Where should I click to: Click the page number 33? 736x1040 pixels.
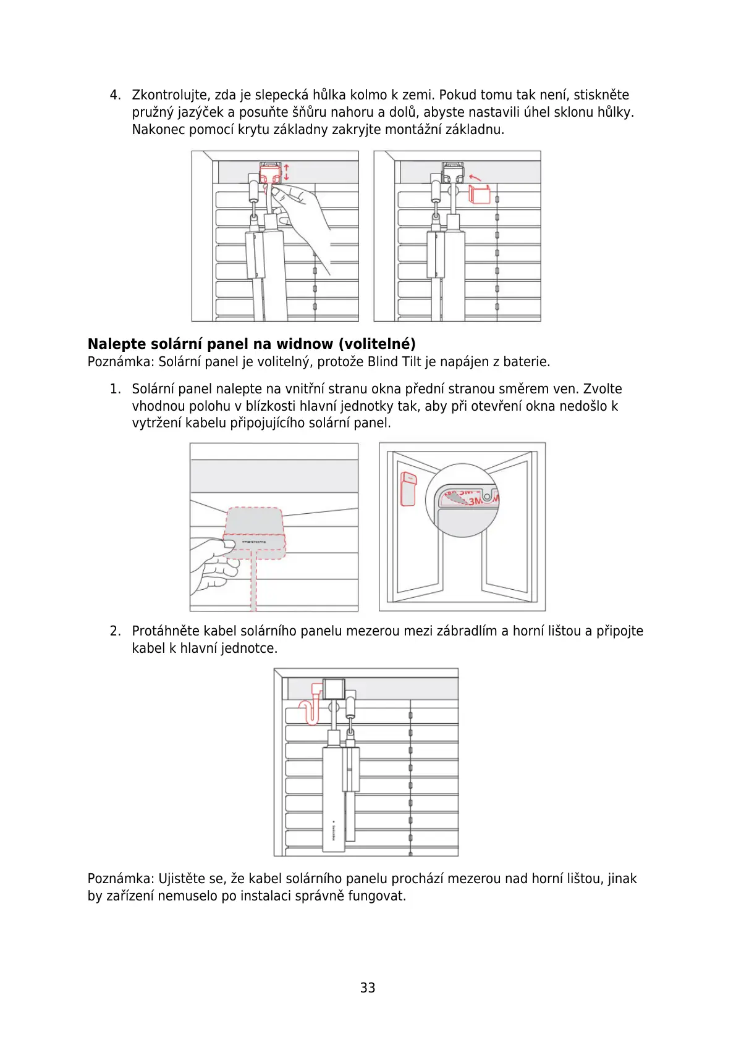pyautogui.click(x=368, y=988)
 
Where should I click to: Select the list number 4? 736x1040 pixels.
pyautogui.click(x=115, y=95)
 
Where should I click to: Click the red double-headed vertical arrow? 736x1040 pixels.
pyautogui.click(x=286, y=172)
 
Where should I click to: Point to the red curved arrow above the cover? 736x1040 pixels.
pyautogui.click(x=475, y=177)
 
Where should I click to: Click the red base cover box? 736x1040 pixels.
pyautogui.click(x=480, y=194)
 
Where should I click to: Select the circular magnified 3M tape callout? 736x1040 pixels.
pyautogui.click(x=462, y=500)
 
